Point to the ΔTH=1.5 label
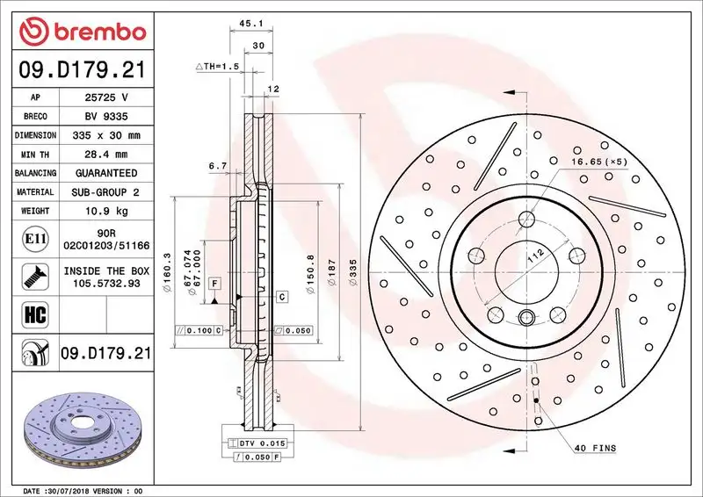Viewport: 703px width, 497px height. tap(217, 66)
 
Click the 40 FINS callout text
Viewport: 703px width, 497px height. tap(597, 449)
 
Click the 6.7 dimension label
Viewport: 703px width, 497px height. tap(218, 165)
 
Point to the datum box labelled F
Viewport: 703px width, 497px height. tap(214, 284)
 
